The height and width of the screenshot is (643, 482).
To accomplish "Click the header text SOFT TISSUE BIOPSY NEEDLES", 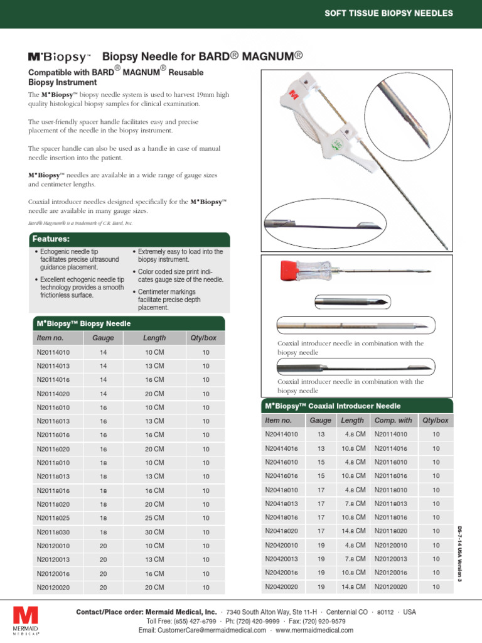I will pos(388,13).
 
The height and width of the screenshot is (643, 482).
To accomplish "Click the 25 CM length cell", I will pos(154,518).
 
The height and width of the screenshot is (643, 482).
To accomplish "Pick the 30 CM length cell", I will pos(154,532).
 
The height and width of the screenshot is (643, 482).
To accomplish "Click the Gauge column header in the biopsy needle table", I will pos(103,338).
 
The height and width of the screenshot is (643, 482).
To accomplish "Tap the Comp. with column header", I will pos(393,420).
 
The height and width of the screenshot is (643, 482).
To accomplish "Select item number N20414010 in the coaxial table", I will pos(281,434).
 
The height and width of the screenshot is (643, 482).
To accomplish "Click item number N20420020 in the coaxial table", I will pos(281,586).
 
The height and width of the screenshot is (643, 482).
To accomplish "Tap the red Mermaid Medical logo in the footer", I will pos(26,615).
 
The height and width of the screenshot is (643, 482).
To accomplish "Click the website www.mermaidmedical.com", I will pos(314,630).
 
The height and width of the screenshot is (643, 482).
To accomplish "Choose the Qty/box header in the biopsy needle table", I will pos(203,338).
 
